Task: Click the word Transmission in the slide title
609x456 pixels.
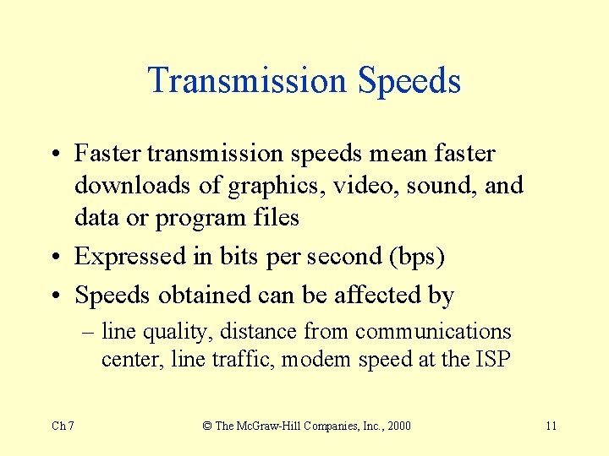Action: [x=248, y=81]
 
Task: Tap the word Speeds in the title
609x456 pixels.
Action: [x=409, y=82]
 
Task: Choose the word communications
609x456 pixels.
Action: [x=433, y=332]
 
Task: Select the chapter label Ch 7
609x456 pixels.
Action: [x=63, y=426]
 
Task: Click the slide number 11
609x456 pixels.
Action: [x=551, y=426]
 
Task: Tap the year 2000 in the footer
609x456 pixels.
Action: [x=398, y=426]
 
